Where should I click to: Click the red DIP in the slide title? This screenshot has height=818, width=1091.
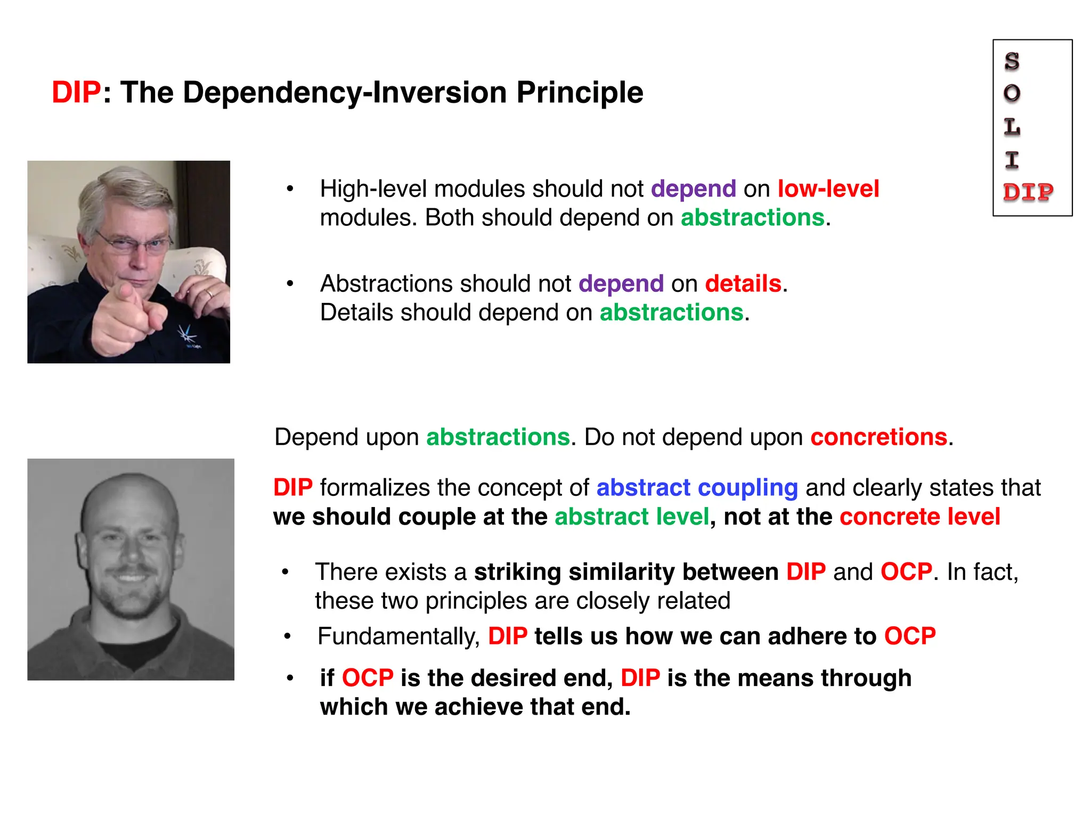76,92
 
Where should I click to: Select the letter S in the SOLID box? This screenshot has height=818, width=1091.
1012,62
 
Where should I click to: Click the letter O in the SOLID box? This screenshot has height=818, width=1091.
1012,94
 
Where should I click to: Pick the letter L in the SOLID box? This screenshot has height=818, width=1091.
1012,127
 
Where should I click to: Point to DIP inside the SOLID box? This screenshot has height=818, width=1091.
1028,192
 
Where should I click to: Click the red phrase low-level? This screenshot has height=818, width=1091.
828,189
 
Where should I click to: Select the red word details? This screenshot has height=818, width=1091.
743,284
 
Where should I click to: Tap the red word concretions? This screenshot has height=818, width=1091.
879,437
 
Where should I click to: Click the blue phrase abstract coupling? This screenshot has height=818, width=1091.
697,488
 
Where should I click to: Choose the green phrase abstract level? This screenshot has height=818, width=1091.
632,517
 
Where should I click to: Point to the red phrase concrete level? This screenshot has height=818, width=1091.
920,517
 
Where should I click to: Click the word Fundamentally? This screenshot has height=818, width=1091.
398,636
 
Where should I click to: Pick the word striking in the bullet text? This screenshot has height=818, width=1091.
517,572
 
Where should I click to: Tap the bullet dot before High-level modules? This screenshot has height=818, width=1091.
290,189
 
